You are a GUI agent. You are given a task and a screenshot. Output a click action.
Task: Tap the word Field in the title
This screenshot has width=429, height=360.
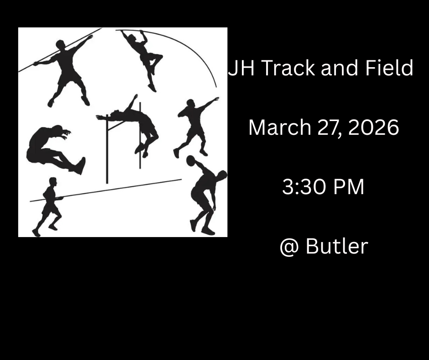pyautogui.click(x=389, y=68)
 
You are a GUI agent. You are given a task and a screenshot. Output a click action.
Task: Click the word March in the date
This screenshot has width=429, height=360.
pyautogui.click(x=280, y=127)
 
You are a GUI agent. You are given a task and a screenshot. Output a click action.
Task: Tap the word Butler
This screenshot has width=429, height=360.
pyautogui.click(x=337, y=246)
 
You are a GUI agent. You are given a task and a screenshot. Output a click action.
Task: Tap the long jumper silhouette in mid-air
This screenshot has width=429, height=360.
pyautogui.click(x=55, y=149)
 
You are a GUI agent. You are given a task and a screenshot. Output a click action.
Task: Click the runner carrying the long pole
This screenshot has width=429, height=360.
pyautogui.click(x=49, y=207)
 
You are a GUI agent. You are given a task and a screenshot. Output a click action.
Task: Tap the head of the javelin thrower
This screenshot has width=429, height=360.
pyautogui.click(x=60, y=44)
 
